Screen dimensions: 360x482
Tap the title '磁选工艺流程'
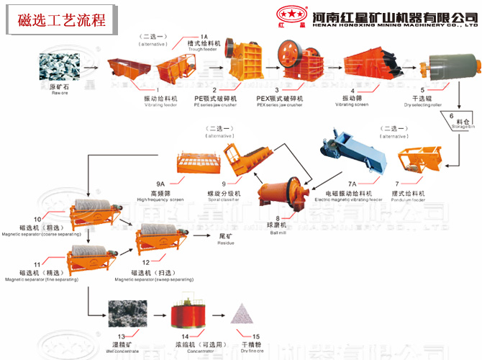[x=61, y=19]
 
